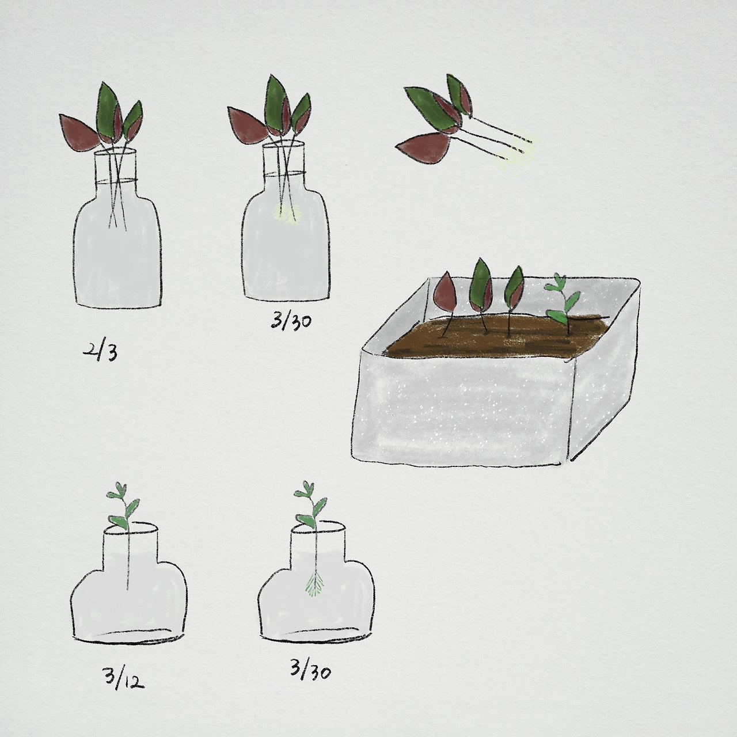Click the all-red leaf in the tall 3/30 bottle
click(247, 124)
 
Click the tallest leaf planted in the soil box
click(481, 283)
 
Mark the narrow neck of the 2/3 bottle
click(115, 165)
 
